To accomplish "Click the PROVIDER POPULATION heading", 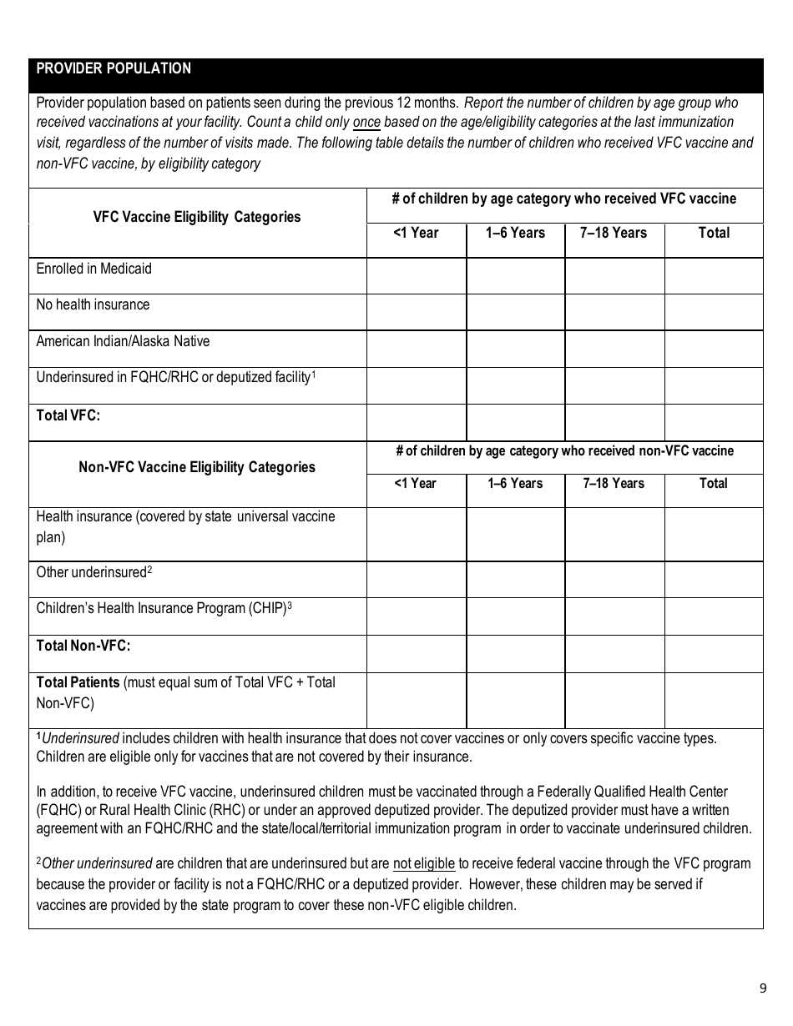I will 114,69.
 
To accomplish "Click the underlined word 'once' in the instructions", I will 366,122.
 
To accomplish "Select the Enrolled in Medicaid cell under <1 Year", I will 416,276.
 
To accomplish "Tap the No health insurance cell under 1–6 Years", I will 515,312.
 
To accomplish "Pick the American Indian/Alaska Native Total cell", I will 714,349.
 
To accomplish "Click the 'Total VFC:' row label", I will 68,415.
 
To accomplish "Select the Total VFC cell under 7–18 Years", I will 614,422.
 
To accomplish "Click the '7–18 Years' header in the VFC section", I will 614,234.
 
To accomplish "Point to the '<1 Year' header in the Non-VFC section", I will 415,484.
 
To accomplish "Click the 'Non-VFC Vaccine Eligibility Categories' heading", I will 197,467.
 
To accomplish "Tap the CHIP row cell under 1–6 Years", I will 515,616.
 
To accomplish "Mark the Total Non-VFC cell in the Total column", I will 714,654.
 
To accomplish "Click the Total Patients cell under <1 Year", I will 416,701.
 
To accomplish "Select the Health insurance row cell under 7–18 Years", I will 614,534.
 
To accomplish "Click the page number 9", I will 762,989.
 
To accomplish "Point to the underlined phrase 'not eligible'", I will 423,864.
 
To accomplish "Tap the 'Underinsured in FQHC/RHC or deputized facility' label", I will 174,378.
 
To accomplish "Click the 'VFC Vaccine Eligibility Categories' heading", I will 197,217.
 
